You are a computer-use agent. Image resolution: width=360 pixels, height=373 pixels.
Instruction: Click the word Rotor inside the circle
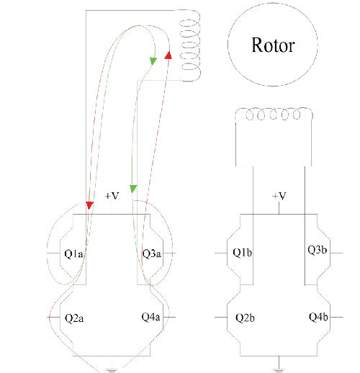point(272,45)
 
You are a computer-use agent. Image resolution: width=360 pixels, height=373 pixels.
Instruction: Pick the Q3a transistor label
point(151,253)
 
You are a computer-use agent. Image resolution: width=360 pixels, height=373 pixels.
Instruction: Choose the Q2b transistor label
point(241,317)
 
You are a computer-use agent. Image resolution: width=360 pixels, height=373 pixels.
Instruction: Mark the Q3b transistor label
point(318,251)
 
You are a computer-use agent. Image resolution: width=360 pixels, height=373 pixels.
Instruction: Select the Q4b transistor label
point(318,317)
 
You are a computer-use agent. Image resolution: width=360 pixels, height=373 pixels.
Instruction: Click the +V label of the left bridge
point(112,196)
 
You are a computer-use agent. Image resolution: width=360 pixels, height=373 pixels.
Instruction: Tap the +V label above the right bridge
point(279,196)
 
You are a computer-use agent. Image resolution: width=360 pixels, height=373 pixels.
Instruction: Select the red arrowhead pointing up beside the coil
point(168,55)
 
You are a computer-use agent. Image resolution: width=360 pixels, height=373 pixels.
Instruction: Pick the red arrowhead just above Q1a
point(89,206)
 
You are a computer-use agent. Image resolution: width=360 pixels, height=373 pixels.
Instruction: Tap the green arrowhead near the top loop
point(153,62)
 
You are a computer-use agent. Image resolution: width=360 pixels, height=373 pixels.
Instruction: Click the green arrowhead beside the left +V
point(132,189)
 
